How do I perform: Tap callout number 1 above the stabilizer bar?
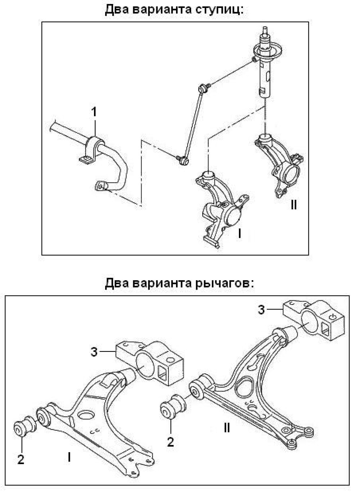(x=94, y=112)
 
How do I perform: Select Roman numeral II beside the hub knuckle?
(x=294, y=205)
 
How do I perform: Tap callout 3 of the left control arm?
(x=94, y=352)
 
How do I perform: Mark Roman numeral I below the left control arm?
(x=69, y=457)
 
